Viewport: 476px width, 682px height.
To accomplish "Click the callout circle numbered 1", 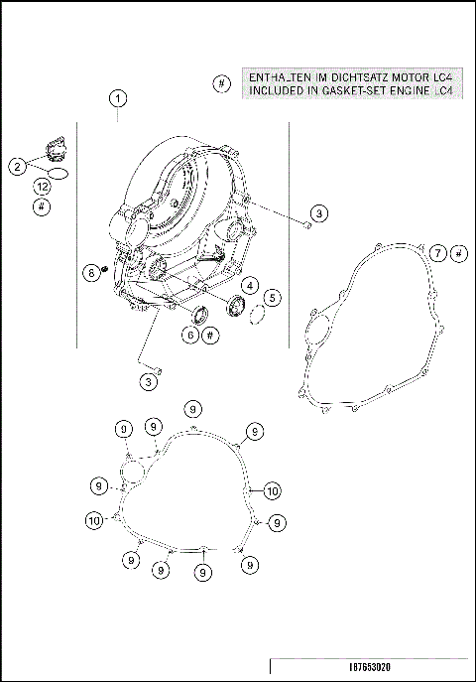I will tap(117, 98).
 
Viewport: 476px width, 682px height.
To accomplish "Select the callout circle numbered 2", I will tap(18, 167).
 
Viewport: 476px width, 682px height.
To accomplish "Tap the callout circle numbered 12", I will tap(41, 188).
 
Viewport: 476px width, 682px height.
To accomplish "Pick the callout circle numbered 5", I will tap(271, 297).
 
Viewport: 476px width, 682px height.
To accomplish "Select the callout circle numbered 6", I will tap(188, 336).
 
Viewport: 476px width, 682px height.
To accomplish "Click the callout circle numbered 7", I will tap(436, 255).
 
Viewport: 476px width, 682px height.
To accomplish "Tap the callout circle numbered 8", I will tap(91, 271).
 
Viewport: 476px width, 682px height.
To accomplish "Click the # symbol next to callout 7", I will tap(458, 255).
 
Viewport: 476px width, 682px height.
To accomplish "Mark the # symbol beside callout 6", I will tap(210, 336).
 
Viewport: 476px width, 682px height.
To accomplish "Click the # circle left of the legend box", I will tap(221, 84).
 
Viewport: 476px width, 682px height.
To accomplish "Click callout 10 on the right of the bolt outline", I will tap(273, 489).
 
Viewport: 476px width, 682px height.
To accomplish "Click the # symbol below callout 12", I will tap(41, 207).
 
